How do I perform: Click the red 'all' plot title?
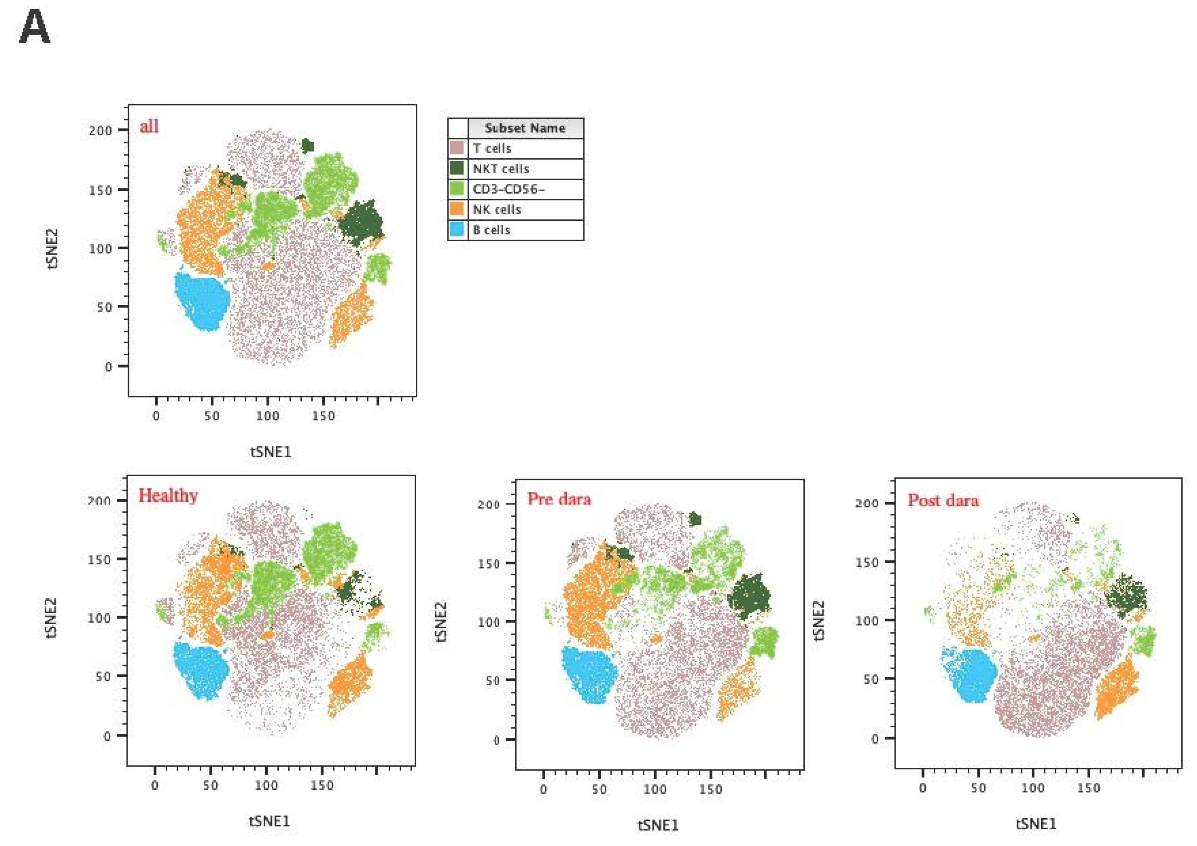tap(149, 126)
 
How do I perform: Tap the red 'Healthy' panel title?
tap(168, 495)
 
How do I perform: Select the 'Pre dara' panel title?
tap(559, 499)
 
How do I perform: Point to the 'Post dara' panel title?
tap(943, 500)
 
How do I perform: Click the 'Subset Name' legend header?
tap(525, 128)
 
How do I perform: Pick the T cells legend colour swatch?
tap(457, 148)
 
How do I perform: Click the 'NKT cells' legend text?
tap(501, 169)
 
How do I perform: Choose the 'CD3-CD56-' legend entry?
tap(508, 189)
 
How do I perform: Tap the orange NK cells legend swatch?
tap(457, 210)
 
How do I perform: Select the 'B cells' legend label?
tap(491, 230)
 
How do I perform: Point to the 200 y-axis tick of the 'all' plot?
tap(100, 130)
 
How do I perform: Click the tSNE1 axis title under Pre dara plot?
tap(658, 825)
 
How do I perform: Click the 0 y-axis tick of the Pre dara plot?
tap(497, 740)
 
